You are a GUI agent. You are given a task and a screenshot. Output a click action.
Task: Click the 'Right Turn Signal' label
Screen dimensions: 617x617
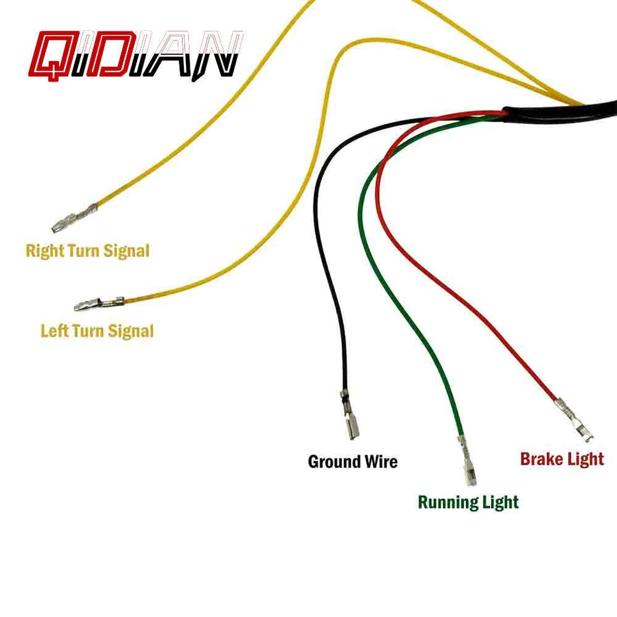[87, 251]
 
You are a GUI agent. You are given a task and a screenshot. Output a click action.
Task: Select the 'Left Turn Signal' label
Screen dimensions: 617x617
[97, 331]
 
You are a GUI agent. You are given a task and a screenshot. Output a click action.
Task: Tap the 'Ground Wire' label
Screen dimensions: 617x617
[352, 461]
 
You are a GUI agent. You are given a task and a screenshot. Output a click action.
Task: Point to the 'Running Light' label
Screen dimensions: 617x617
[468, 502]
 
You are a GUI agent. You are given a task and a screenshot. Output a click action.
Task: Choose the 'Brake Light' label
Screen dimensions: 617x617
[562, 459]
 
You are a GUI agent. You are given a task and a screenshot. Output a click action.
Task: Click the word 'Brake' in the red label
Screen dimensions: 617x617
[539, 459]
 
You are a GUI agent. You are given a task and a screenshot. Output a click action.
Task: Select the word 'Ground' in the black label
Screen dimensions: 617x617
[334, 461]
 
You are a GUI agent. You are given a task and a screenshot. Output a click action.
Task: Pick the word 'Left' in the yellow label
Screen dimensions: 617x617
[53, 331]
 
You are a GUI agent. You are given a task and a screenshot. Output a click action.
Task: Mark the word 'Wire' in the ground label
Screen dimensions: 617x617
[380, 461]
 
